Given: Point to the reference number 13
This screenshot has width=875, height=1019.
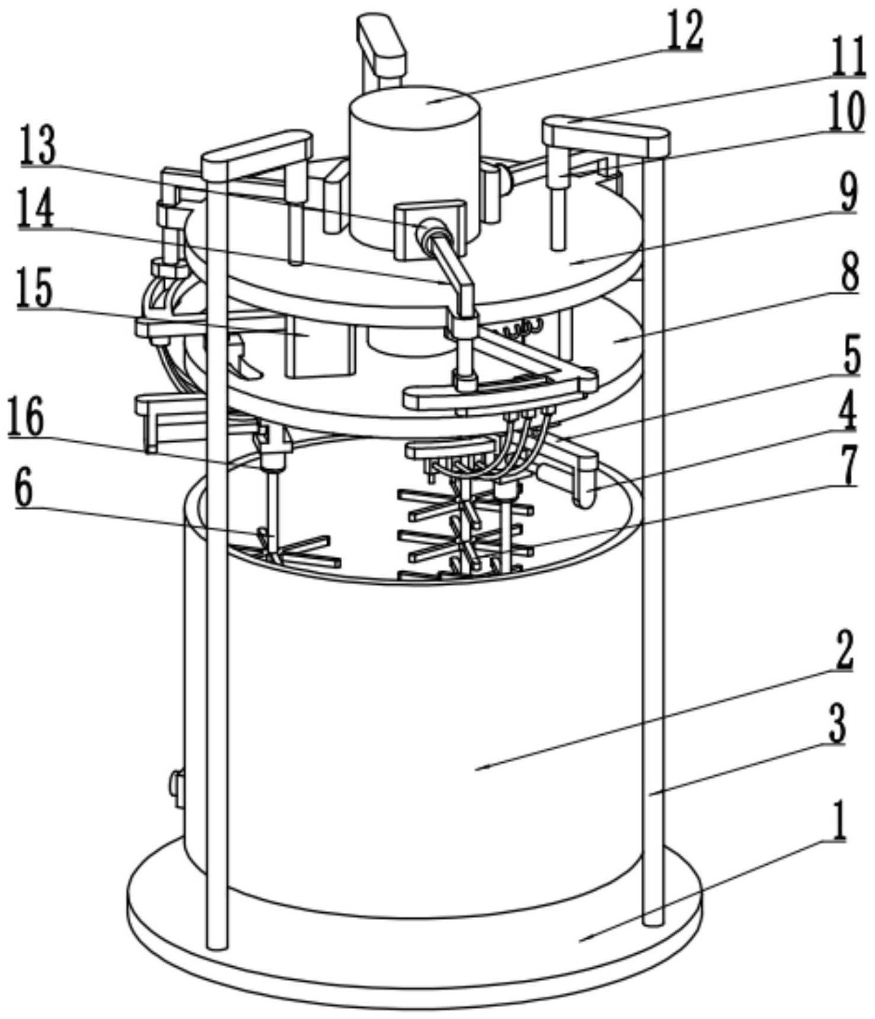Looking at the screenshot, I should [x=37, y=146].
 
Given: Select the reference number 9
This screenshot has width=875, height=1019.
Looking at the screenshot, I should [x=849, y=193].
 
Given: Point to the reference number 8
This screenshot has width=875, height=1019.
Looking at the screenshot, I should [x=850, y=271].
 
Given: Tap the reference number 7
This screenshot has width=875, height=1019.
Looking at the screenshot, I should [x=849, y=465].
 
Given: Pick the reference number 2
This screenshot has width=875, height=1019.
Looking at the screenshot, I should [x=843, y=650].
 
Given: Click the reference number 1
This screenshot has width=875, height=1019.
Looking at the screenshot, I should [x=837, y=820].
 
